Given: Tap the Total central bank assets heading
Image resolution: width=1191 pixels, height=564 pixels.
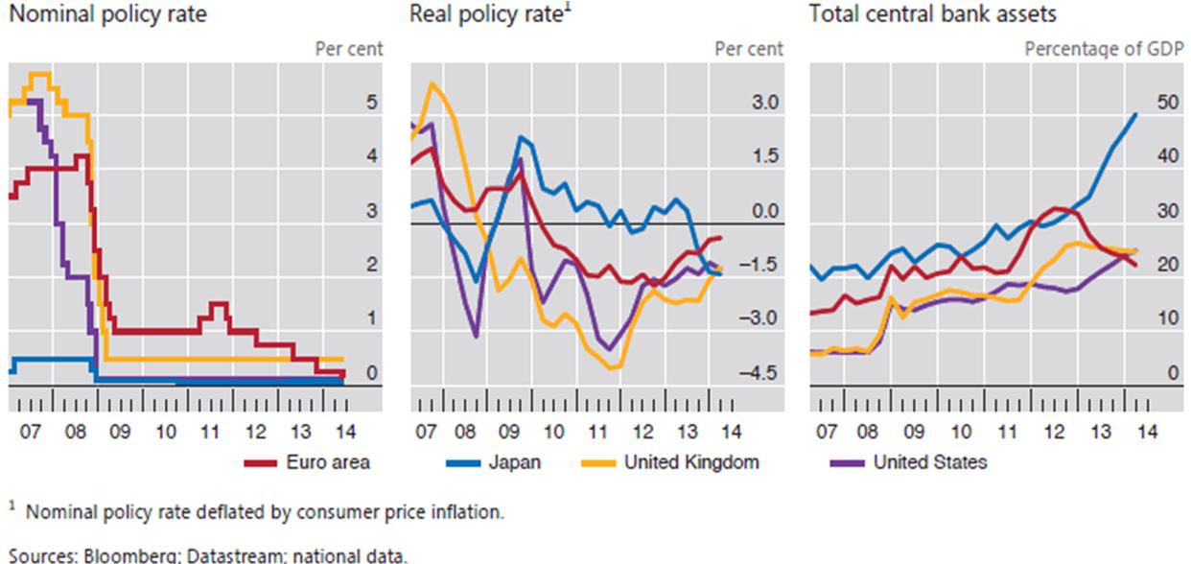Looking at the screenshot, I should (919, 14).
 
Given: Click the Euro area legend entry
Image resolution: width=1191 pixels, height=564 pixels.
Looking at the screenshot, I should (327, 462).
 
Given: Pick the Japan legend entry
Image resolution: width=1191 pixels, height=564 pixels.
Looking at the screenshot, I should (514, 462).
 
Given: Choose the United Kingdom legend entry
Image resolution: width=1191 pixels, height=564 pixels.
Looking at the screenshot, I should (690, 462).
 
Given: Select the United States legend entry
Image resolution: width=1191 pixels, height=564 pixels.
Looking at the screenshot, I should (929, 462).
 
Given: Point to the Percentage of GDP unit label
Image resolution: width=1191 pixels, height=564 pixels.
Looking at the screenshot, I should (1105, 48).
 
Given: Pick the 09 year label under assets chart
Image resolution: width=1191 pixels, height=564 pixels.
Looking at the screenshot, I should (915, 432).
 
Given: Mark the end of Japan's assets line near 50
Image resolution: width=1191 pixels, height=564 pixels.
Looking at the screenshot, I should (1136, 114).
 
